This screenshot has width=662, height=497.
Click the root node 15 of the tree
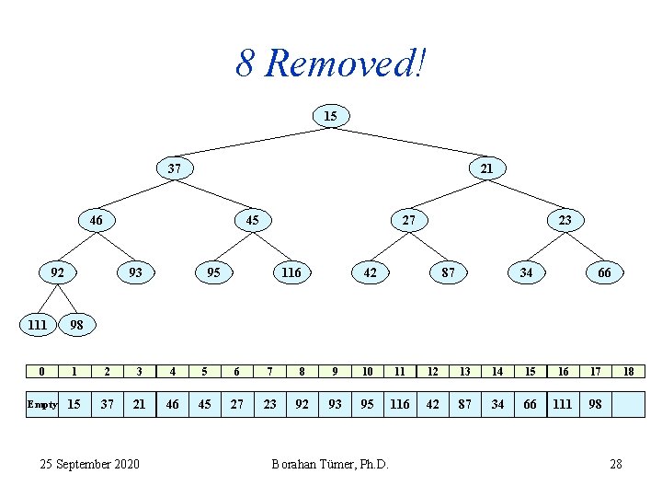click(x=330, y=116)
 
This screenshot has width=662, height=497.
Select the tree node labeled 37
click(x=174, y=168)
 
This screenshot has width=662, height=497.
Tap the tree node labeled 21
click(x=486, y=168)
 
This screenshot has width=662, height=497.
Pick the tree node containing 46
click(x=96, y=220)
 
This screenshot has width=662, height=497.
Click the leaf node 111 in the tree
click(x=38, y=325)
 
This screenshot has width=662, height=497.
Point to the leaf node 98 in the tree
click(x=77, y=325)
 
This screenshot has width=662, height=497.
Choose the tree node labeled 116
click(x=291, y=272)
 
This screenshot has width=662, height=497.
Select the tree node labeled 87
click(x=448, y=272)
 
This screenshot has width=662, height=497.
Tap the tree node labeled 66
click(x=604, y=272)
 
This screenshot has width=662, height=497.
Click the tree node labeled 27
click(x=408, y=220)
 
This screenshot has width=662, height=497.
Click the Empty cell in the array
click(x=42, y=404)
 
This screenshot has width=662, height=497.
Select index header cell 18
click(x=629, y=371)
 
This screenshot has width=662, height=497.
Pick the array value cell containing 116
click(x=400, y=404)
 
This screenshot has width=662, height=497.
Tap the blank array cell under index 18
click(x=629, y=404)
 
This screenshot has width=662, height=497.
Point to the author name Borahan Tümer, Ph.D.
click(x=330, y=464)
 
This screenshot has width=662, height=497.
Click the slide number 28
click(x=616, y=464)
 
